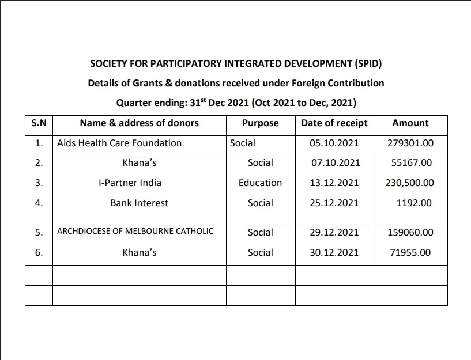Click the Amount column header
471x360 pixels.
tap(410, 123)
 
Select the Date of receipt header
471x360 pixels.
tap(334, 123)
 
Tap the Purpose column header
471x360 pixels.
tap(260, 123)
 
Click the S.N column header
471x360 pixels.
tap(39, 123)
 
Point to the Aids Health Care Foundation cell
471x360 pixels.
tap(119, 143)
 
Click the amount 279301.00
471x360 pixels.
tap(410, 143)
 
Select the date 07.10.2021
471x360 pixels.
tap(335, 163)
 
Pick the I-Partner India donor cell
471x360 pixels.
tap(130, 183)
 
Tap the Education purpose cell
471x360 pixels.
tap(260, 183)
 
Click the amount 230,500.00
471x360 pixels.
tap(409, 183)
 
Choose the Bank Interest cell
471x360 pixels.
tap(140, 203)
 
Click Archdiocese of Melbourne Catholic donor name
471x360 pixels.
tap(135, 232)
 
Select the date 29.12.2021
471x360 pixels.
tap(334, 233)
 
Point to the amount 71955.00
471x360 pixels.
tap(410, 252)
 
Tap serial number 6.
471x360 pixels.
tap(39, 252)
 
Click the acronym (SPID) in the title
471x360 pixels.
tap(366, 63)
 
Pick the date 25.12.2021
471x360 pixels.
tap(334, 203)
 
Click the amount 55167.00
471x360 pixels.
tap(410, 163)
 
